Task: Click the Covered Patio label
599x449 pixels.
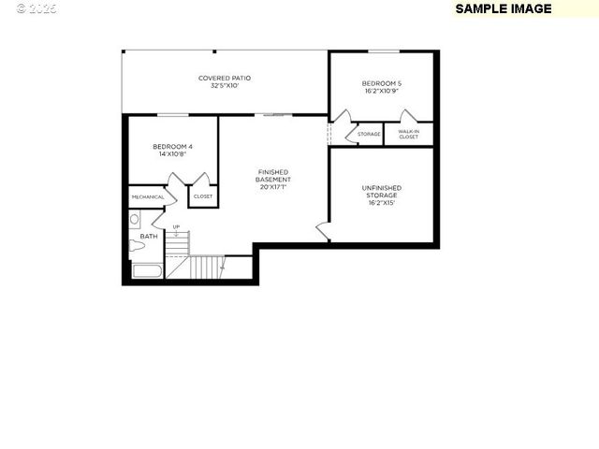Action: [225, 78]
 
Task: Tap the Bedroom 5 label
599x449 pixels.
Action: [382, 84]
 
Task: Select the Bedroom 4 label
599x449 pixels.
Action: [172, 147]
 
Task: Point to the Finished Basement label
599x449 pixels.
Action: [273, 176]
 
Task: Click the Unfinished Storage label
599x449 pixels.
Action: [382, 191]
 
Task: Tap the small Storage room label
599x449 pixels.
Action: [369, 135]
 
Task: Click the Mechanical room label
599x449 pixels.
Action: [148, 197]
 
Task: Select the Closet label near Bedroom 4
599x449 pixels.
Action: [203, 196]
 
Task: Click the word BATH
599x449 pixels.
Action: [149, 237]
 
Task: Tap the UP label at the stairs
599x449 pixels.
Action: [176, 226]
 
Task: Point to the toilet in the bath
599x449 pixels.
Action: [136, 246]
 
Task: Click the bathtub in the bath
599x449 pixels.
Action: [148, 272]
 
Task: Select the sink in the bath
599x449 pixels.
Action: [134, 220]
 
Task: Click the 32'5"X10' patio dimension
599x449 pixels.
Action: [225, 85]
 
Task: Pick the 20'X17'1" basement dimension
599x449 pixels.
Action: [273, 187]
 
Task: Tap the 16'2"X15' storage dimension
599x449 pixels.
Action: [382, 202]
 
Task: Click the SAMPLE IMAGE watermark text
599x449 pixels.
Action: [503, 8]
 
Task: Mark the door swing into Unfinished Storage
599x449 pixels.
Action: [323, 229]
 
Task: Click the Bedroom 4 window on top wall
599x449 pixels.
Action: [172, 115]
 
